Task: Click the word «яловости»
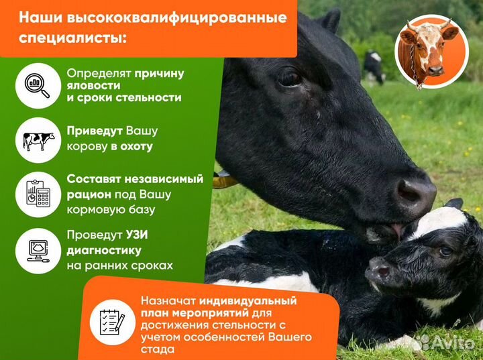(93, 85)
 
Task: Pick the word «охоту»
(137, 145)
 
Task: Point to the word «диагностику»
(103, 251)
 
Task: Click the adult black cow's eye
(290, 79)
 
